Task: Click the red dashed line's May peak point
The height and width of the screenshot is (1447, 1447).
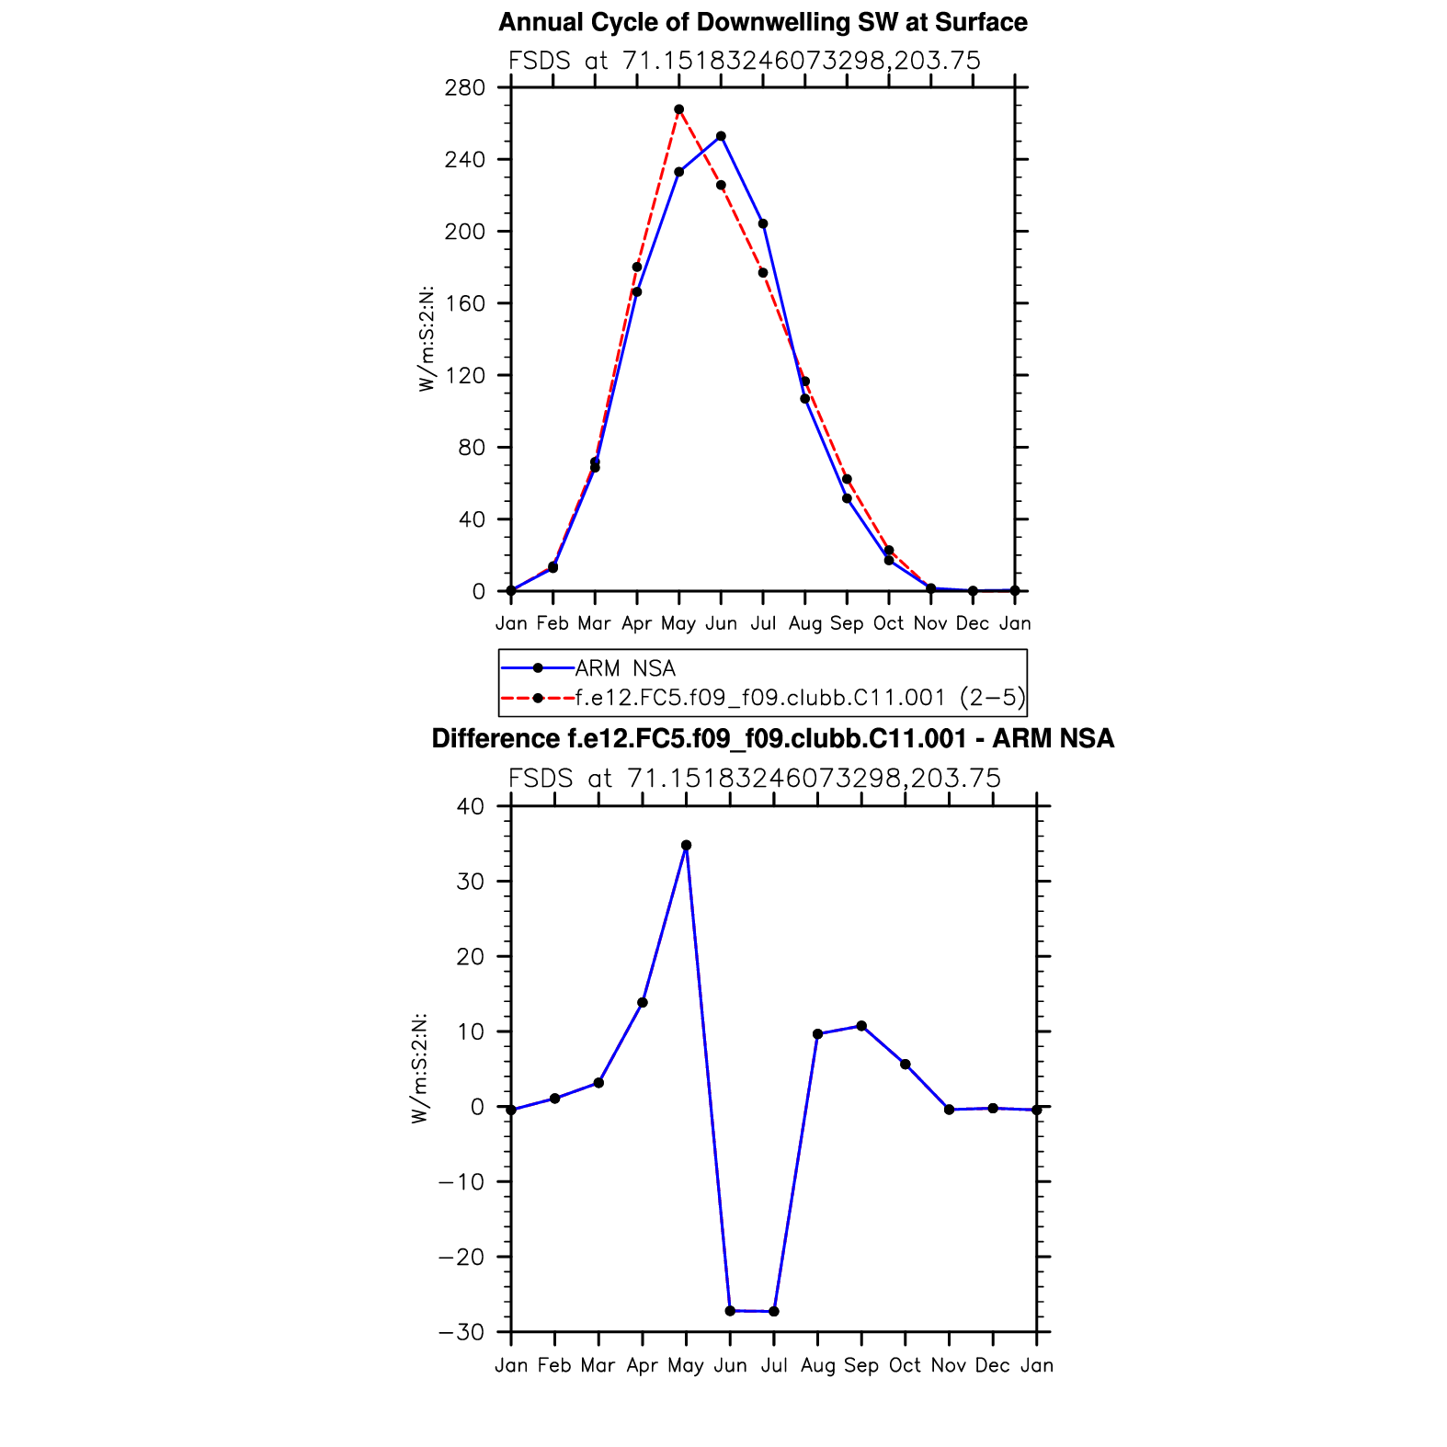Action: pyautogui.click(x=678, y=109)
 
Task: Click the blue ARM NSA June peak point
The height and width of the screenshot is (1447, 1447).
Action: pyautogui.click(x=721, y=136)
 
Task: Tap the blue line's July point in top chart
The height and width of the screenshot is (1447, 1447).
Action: pyautogui.click(x=762, y=223)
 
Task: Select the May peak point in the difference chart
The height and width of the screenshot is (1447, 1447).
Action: pyautogui.click(x=686, y=845)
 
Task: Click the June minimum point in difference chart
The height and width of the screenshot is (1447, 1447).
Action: pyautogui.click(x=730, y=1310)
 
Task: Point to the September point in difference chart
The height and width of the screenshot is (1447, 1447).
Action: pyautogui.click(x=861, y=1026)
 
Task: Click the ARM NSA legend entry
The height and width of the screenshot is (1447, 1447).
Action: pyautogui.click(x=624, y=668)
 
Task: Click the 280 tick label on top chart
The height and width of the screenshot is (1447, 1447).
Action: pyautogui.click(x=464, y=88)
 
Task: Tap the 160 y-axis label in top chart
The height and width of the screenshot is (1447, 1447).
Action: pyautogui.click(x=464, y=303)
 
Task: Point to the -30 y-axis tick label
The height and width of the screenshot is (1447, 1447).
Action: pyautogui.click(x=461, y=1332)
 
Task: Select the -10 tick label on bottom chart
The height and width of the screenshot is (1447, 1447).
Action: pyautogui.click(x=461, y=1181)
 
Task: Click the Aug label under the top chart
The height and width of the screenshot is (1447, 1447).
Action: pyautogui.click(x=804, y=623)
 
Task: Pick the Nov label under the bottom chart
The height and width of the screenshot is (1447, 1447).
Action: pyautogui.click(x=949, y=1365)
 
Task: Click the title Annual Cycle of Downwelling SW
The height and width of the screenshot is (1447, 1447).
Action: pyautogui.click(x=762, y=22)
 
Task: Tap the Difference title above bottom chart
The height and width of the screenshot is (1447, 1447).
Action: pyautogui.click(x=772, y=738)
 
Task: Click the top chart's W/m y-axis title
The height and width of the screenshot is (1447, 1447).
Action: pyautogui.click(x=427, y=339)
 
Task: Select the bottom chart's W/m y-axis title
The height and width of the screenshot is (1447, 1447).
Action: pyautogui.click(x=419, y=1068)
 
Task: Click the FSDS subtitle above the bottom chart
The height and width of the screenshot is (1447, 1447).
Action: pyautogui.click(x=754, y=779)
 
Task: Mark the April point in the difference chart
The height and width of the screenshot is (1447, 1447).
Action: pyautogui.click(x=643, y=1002)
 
